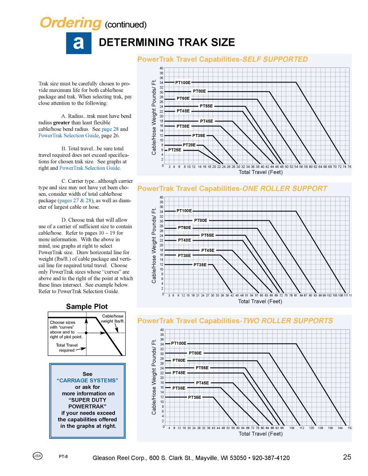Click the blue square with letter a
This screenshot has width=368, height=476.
[79, 43]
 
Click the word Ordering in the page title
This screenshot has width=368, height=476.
[70, 22]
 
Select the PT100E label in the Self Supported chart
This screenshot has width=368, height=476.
[183, 83]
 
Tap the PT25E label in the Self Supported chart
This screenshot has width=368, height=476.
[175, 150]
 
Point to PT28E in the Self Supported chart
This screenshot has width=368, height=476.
[189, 145]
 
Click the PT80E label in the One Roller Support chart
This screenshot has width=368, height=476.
[200, 221]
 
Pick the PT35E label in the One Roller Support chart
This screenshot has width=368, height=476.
[200, 265]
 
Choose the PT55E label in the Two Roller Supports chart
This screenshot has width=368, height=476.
[202, 368]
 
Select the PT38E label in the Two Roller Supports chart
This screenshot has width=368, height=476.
[179, 388]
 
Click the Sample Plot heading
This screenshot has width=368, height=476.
[87, 306]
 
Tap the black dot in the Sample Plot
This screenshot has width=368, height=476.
[86, 333]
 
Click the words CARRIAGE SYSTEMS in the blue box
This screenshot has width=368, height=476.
[87, 380]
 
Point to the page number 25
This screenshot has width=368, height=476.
[347, 457]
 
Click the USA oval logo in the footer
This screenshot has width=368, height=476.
[37, 456]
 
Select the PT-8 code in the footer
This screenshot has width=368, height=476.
[63, 456]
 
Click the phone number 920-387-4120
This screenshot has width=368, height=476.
[271, 458]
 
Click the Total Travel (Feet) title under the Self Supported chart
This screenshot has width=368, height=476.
[260, 172]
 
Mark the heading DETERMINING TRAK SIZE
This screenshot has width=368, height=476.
[167, 42]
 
